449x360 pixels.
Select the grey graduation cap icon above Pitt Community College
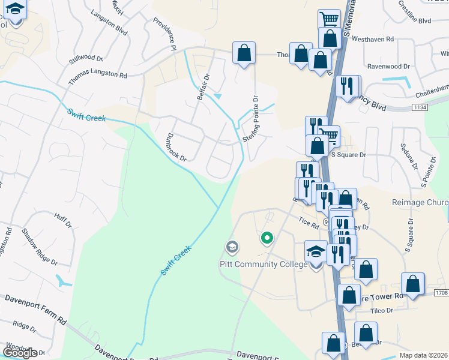tap(232, 247)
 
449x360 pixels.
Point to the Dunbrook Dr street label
tap(176, 148)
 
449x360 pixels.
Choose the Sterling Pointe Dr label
tap(250, 119)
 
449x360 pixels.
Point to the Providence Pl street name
tap(164, 32)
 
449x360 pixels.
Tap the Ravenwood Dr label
tap(388, 67)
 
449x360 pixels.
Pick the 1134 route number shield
tap(420, 107)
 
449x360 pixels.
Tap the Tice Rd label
tap(307, 221)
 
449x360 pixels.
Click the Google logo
tap(20, 353)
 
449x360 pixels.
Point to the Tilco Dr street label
tap(381, 310)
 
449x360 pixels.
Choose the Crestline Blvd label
tap(415, 13)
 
